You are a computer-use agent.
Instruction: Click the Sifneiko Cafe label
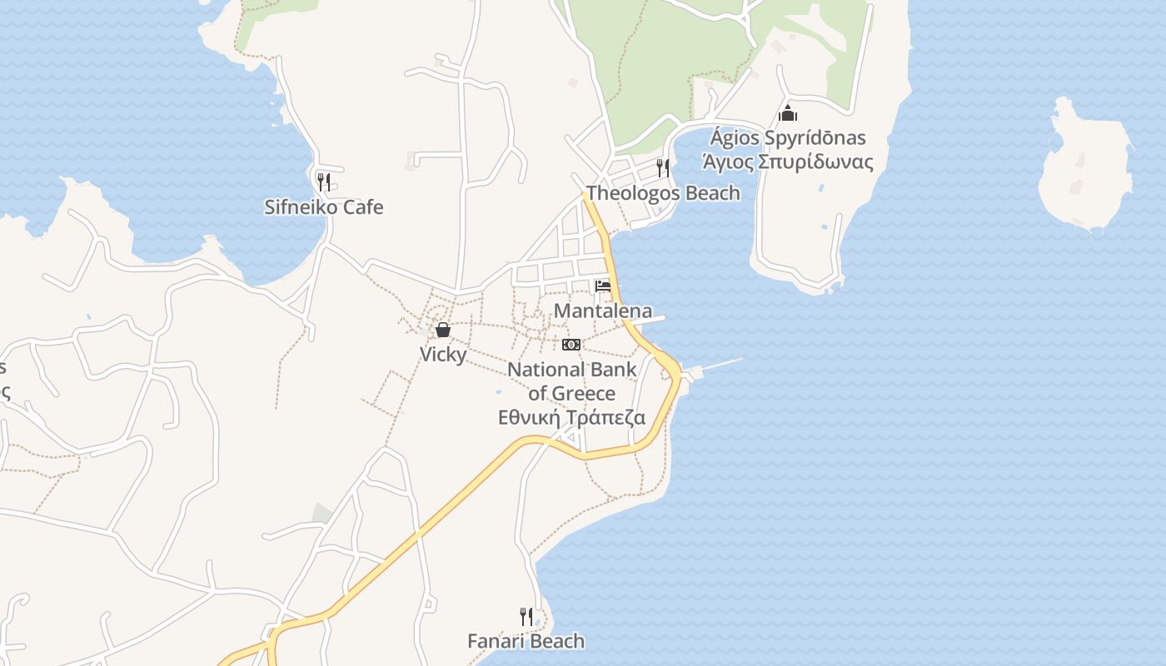[x=324, y=207]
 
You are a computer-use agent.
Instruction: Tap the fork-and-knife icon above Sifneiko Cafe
[x=324, y=181]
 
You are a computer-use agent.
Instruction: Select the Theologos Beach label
[x=663, y=193]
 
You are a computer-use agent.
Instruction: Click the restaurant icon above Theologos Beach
[x=663, y=168]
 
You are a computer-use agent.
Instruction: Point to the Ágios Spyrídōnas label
[x=787, y=138]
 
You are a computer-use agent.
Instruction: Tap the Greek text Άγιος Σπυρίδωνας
[x=788, y=162]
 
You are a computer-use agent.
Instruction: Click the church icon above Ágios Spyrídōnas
[x=788, y=113]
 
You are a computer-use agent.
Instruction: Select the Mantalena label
[x=603, y=311]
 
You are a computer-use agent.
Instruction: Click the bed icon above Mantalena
[x=603, y=286]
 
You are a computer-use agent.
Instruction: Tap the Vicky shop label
[x=443, y=355]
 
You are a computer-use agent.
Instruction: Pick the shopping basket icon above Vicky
[x=443, y=331]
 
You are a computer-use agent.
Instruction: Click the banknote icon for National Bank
[x=571, y=345]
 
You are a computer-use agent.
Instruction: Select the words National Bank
[x=571, y=370]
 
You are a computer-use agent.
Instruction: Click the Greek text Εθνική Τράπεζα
[x=571, y=418]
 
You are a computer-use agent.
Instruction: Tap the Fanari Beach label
[x=526, y=641]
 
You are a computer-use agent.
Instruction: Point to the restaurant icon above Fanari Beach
[x=526, y=617]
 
